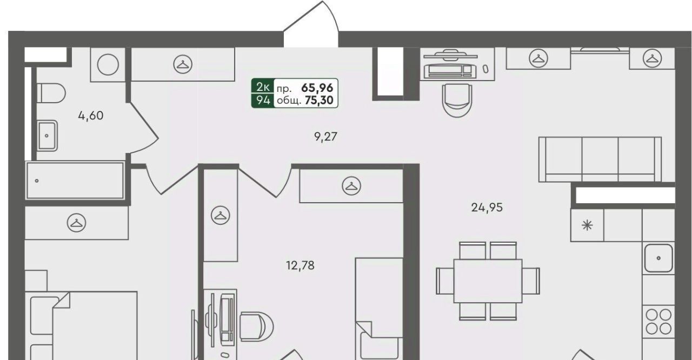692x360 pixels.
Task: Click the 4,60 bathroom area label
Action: coord(90,116)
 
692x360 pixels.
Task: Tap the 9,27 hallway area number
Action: coord(325,136)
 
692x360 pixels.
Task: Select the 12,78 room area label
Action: coord(300,265)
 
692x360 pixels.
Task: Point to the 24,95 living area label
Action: coord(487,208)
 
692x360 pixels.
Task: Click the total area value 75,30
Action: coord(319,101)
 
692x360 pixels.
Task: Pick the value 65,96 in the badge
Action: coord(317,88)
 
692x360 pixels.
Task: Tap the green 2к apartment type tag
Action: coord(263,88)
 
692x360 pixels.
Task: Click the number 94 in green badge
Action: coord(263,101)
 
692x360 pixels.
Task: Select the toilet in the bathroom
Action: coord(51,93)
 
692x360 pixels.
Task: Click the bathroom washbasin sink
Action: coord(47,136)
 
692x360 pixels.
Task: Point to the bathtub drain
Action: coord(37,181)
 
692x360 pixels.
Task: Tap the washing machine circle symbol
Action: coord(108,64)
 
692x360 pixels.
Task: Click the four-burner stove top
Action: coord(658,322)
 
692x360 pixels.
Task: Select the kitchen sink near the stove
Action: coord(658,258)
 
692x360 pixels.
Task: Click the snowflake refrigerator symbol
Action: coord(587,225)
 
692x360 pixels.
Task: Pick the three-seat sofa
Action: coord(600,159)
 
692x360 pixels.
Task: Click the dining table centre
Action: coord(488,281)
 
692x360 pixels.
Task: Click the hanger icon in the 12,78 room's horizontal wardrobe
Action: coord(351,186)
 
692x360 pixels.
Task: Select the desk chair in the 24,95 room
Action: coord(457,101)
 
